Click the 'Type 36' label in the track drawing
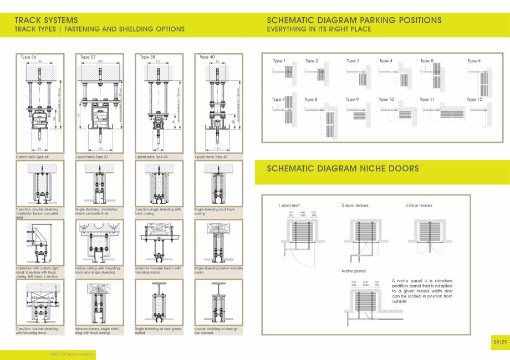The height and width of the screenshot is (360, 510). pyautogui.click(x=29, y=57)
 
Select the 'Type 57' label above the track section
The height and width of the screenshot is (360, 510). pyautogui.click(x=88, y=57)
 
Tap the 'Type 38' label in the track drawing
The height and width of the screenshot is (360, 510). pyautogui.click(x=147, y=57)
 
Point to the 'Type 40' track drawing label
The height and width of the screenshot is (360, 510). pyautogui.click(x=207, y=57)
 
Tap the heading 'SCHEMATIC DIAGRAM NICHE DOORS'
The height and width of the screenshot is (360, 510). pyautogui.click(x=343, y=168)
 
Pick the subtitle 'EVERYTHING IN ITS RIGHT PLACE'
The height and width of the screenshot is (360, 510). pyautogui.click(x=319, y=29)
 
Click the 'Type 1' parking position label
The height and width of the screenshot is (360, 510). pyautogui.click(x=279, y=61)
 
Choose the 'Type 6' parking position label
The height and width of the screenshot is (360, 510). pyautogui.click(x=474, y=61)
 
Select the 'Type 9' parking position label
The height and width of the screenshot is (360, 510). pyautogui.click(x=353, y=100)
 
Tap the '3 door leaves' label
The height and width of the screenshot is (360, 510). pyautogui.click(x=419, y=205)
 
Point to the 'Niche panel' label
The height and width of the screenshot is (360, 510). pyautogui.click(x=354, y=271)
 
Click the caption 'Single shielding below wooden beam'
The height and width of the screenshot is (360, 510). pyautogui.click(x=218, y=270)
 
